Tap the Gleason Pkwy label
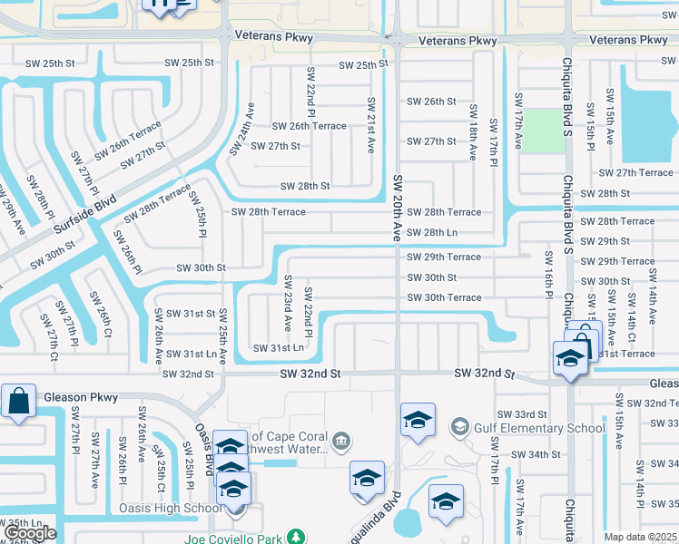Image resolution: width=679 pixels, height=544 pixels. tap(80, 397)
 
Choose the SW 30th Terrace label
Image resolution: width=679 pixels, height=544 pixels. tap(444, 297)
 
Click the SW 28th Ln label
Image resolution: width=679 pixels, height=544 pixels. tap(431, 233)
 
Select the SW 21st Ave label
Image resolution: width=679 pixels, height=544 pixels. tap(370, 125)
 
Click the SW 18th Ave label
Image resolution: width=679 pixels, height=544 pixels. tap(473, 132)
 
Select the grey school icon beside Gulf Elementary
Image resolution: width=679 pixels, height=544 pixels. tap(459, 426)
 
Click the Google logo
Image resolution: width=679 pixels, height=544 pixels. tap(30, 533)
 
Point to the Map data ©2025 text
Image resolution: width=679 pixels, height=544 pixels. tap(640, 537)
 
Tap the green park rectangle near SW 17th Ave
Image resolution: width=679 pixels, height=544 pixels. tap(542, 131)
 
